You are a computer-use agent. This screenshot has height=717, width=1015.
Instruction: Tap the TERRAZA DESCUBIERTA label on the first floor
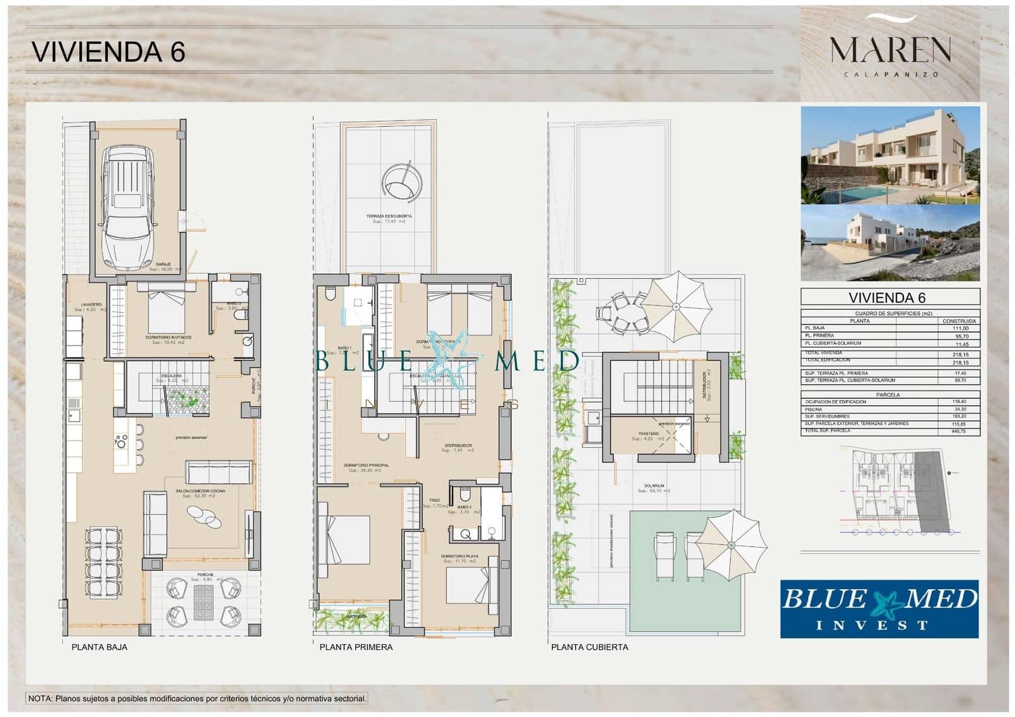[x=388, y=216]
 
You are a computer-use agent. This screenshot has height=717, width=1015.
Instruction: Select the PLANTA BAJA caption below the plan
[x=99, y=647]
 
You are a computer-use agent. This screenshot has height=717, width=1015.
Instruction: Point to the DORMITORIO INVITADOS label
[x=168, y=337]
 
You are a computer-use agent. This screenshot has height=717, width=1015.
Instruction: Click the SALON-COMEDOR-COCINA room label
[x=204, y=491]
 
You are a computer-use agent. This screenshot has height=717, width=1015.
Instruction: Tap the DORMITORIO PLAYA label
[x=460, y=556]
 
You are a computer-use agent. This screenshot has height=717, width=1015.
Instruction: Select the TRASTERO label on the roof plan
[x=648, y=434]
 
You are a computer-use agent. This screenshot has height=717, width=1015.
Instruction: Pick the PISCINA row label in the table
[x=814, y=410]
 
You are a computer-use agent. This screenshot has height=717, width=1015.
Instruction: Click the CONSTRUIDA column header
[x=959, y=321]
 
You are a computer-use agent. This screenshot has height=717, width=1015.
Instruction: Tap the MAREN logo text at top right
[x=890, y=49]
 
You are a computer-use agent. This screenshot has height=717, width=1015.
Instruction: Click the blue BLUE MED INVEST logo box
[x=879, y=608]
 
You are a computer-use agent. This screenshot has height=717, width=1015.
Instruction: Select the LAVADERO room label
[x=91, y=305]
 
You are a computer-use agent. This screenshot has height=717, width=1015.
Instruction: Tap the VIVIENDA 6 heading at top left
[x=108, y=52]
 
